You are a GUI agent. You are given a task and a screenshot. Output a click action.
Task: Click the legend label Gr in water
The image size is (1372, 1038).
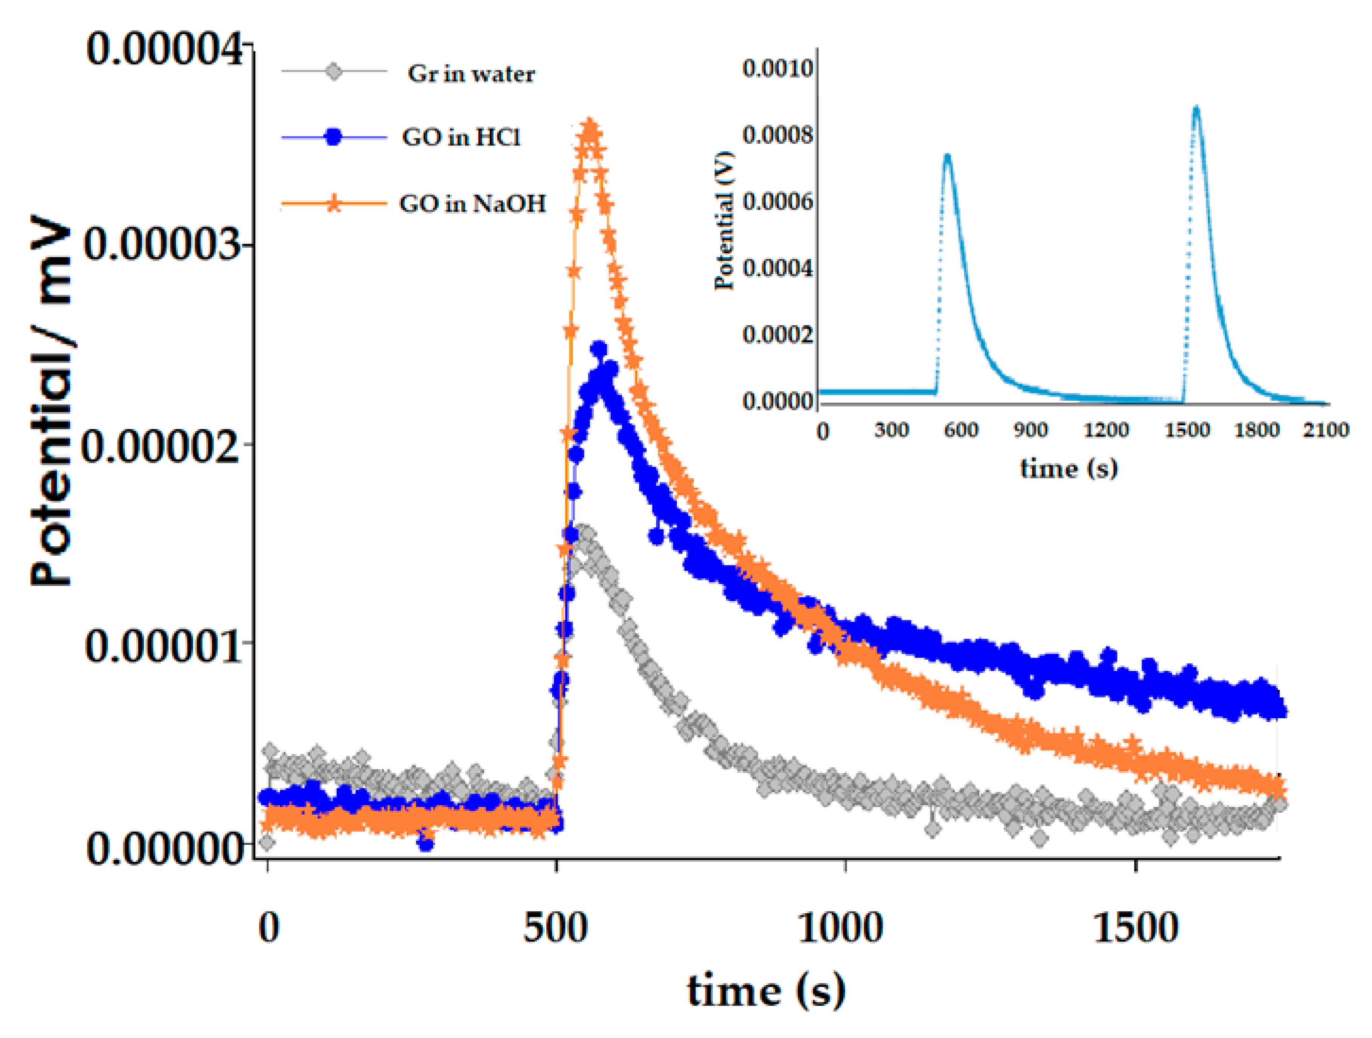(x=471, y=74)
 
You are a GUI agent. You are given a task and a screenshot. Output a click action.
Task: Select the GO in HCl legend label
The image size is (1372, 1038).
(x=461, y=137)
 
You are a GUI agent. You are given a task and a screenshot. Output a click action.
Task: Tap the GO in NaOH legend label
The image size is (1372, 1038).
(x=472, y=203)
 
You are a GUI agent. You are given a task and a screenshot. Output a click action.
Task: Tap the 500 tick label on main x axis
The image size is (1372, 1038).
(x=555, y=928)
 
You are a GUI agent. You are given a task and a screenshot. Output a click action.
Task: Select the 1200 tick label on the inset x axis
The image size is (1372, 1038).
(x=1105, y=430)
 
